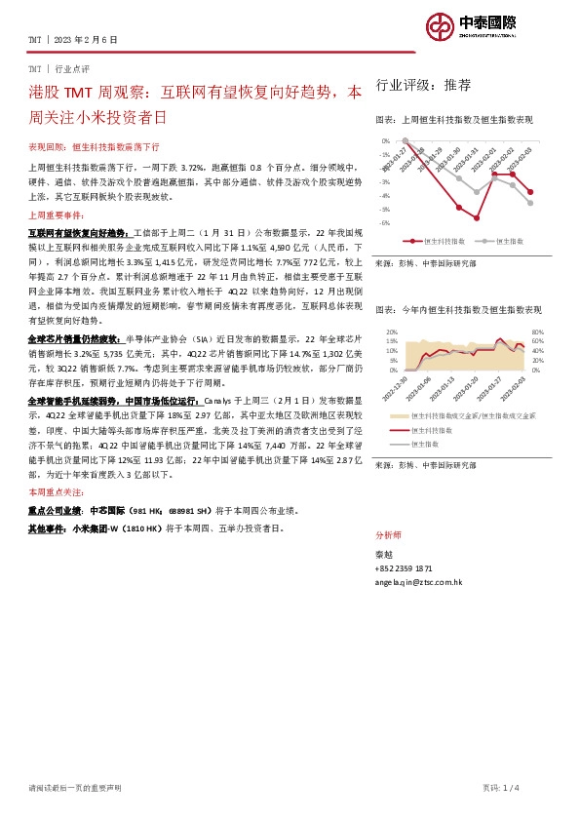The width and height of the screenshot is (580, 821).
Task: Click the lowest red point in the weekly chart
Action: (478, 217)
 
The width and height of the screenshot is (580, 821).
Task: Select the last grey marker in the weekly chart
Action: (530, 203)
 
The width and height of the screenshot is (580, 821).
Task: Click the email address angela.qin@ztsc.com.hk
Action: (418, 581)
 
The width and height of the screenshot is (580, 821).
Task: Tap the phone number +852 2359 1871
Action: (404, 567)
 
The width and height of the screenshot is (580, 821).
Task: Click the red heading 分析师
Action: (387, 536)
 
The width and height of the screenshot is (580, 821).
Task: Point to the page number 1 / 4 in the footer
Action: (543, 787)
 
